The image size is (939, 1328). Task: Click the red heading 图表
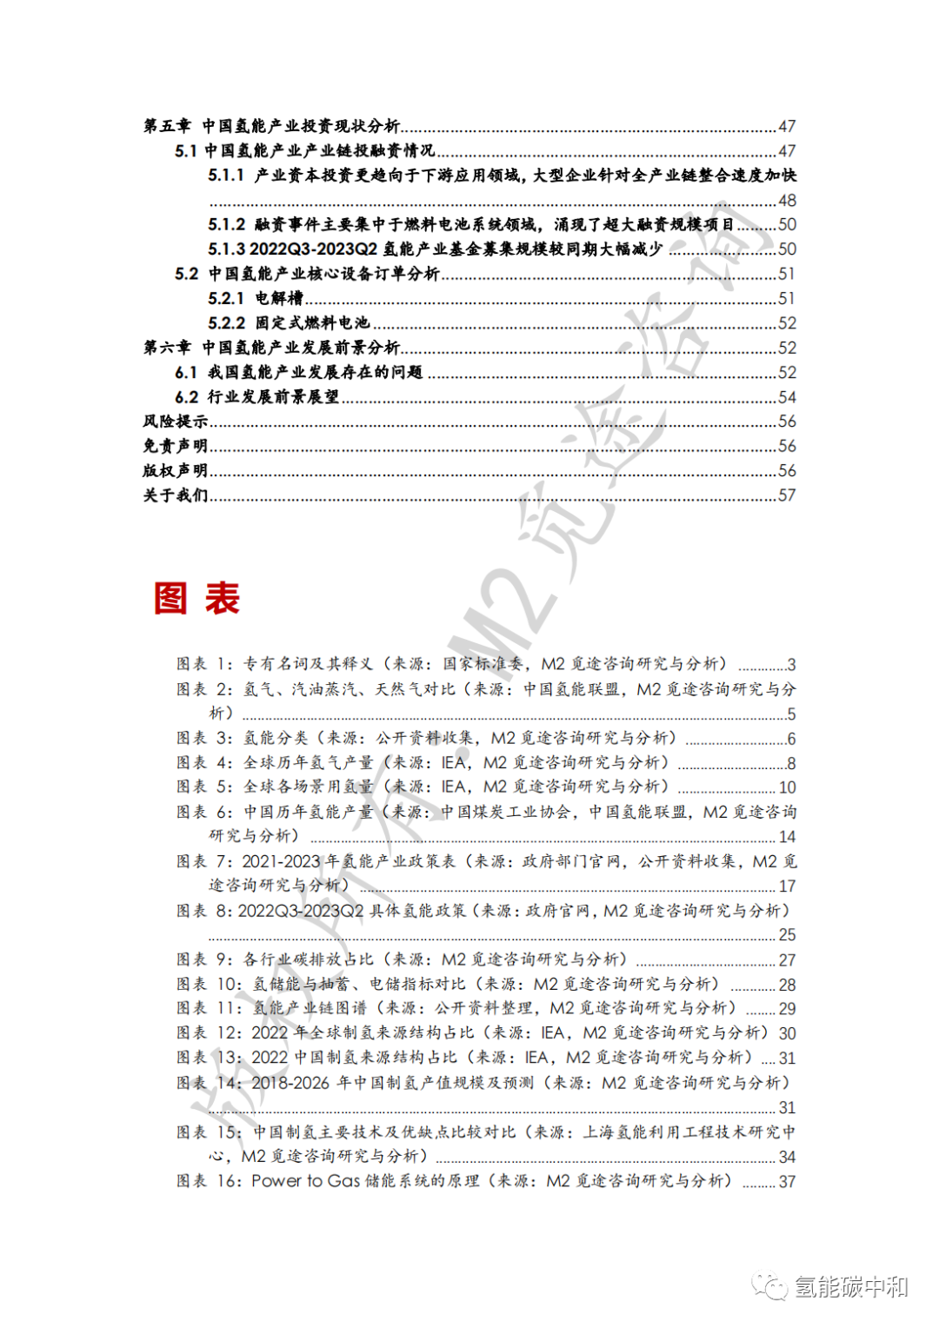point(197,599)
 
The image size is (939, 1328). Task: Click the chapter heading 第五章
point(167,126)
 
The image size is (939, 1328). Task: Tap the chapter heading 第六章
point(167,348)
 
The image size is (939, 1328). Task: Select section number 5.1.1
point(226,176)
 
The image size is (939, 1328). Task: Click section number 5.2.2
point(226,323)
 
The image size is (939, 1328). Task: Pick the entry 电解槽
point(279,298)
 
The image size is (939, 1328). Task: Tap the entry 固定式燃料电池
point(312,323)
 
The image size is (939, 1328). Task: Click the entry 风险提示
point(176,422)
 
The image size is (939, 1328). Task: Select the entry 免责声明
point(176,446)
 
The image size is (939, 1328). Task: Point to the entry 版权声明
point(176,470)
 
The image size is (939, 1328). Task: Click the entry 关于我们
point(176,495)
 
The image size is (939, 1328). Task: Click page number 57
point(787,495)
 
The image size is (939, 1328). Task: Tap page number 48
point(787,201)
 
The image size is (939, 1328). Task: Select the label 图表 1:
point(205,664)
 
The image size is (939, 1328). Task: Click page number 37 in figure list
point(787,1182)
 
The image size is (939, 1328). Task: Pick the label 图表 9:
point(205,959)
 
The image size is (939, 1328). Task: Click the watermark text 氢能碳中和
point(850,1287)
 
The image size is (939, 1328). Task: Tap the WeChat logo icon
point(770,1286)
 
